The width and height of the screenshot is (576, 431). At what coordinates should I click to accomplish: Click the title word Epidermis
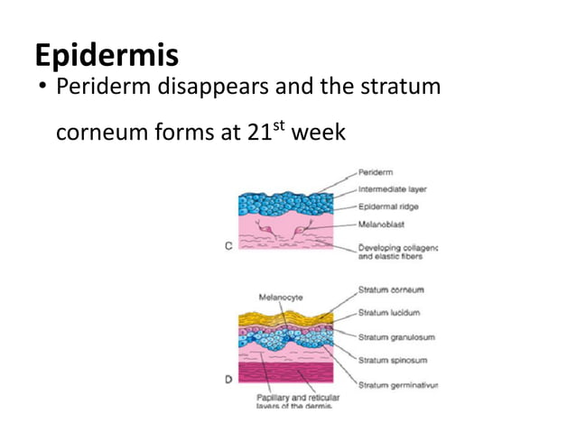(107, 55)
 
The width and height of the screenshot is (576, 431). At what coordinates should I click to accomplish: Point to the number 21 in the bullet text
(257, 133)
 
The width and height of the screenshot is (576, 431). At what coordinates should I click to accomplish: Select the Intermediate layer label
(393, 189)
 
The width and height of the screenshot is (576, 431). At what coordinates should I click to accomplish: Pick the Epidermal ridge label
(387, 206)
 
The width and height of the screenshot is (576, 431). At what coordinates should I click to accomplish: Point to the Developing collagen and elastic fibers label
(396, 251)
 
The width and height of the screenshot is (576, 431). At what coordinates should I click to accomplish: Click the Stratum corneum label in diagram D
(392, 289)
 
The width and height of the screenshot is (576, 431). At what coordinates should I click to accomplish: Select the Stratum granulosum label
(396, 337)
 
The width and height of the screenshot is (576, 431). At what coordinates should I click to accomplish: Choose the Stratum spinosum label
(391, 361)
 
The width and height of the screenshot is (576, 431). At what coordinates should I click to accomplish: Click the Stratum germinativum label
(397, 385)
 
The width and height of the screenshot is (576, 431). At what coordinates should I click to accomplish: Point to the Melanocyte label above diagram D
(281, 296)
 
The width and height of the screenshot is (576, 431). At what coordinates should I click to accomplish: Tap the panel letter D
(228, 380)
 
